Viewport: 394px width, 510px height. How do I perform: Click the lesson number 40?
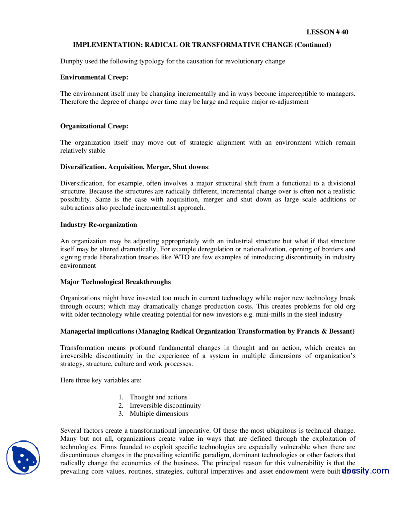344,32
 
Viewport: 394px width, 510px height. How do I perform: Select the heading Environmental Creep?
94,77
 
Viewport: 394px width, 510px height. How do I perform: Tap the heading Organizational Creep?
94,126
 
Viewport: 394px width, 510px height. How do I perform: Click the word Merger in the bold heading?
158,167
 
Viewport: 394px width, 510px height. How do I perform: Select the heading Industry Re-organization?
98,225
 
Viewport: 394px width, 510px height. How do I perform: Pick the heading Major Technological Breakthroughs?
115,282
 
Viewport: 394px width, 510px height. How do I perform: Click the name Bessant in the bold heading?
340,331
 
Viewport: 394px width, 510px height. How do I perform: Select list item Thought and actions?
158,397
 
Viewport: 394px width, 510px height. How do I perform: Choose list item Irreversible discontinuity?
165,406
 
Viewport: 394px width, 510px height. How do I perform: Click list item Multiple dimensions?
159,414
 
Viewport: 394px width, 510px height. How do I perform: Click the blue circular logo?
23,457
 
